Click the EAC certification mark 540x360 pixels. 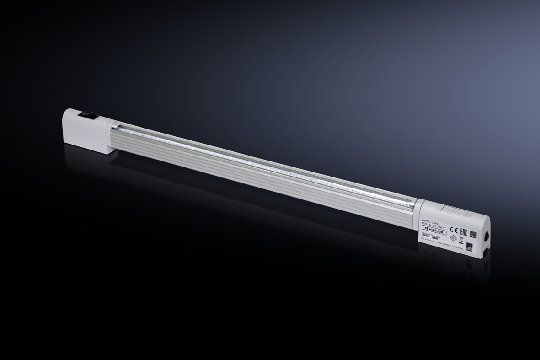(x=464, y=230)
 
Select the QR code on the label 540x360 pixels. (x=473, y=234)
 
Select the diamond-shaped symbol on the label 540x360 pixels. (x=453, y=238)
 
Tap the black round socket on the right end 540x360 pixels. (x=487, y=237)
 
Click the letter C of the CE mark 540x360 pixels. (x=452, y=228)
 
